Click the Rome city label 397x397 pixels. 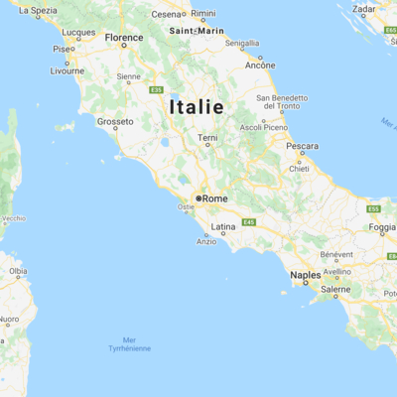coord(215,198)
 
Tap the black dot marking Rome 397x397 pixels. coord(198,198)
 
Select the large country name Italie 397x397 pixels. coord(196,106)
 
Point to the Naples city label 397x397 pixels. coord(305,275)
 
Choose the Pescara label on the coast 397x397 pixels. coord(302,146)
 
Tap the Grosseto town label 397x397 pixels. coord(115,122)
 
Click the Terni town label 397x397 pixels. coord(207,138)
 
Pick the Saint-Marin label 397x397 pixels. coord(197,31)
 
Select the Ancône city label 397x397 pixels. coord(261,66)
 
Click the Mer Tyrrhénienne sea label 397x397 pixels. coord(130,344)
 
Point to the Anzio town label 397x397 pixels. coord(206,241)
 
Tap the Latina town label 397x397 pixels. coord(223,227)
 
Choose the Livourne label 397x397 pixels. coord(67,71)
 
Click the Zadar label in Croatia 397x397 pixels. coord(364,9)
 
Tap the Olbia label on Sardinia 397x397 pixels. coord(18,270)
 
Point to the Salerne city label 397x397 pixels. coord(335,289)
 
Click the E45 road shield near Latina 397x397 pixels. coord(248,222)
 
